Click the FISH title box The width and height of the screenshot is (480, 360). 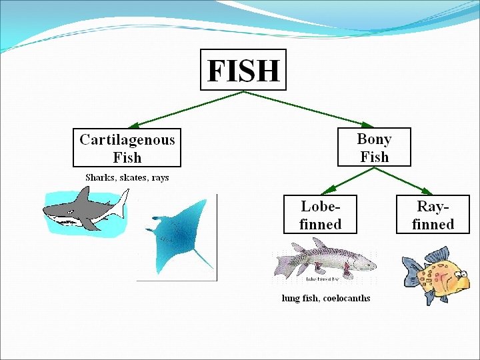[243, 69]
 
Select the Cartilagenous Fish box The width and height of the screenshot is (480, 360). [127, 148]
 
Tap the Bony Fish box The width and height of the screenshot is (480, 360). [374, 147]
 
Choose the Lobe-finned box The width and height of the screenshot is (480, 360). [320, 214]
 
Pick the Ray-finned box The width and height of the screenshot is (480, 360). [433, 214]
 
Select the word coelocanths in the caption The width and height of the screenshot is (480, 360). [346, 298]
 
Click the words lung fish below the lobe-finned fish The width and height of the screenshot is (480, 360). [300, 298]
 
